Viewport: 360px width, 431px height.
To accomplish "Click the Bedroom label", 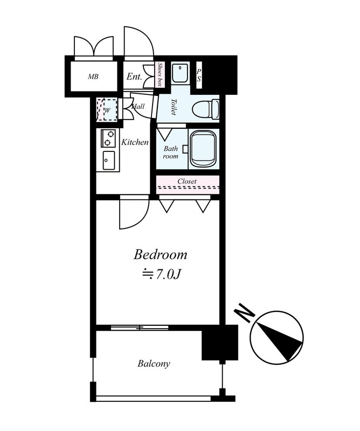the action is [161, 254].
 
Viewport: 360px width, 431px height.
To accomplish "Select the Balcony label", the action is [154, 364].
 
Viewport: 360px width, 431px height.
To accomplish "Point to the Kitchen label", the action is [135, 142].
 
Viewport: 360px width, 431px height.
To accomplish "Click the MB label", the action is [93, 77].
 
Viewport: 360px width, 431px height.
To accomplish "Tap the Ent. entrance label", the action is [134, 77].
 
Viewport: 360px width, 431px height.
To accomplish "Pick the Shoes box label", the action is [159, 74].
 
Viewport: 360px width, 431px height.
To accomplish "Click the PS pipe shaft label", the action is [198, 75].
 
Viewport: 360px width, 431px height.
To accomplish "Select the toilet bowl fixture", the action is [205, 109].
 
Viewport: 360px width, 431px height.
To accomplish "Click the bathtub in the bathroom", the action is [203, 149].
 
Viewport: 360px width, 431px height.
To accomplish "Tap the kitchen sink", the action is [109, 161].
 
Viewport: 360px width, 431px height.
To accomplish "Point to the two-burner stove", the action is [108, 138].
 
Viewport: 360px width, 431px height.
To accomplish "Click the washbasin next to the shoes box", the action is [180, 73].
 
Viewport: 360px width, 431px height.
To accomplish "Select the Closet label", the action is [187, 181].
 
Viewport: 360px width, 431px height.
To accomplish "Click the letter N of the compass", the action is [244, 312].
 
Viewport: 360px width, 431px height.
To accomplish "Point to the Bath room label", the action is [170, 152].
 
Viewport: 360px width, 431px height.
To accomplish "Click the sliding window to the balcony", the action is [140, 328].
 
